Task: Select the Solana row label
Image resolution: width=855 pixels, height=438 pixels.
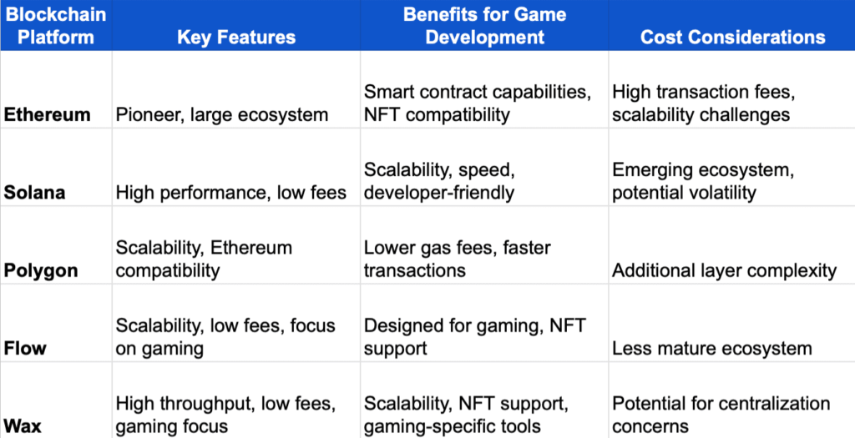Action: [35, 192]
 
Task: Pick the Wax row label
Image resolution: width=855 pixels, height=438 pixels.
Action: [23, 426]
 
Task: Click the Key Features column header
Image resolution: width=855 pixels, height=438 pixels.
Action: [236, 37]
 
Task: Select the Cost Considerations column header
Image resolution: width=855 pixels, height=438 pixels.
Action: [732, 37]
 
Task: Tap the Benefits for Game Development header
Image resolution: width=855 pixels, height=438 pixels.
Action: [484, 26]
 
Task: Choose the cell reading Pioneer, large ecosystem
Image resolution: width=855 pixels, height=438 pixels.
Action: [222, 114]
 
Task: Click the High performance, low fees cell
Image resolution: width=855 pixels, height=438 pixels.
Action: [230, 192]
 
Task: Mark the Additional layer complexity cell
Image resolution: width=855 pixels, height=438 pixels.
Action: [724, 270]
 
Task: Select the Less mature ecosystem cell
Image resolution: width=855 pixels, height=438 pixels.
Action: [711, 348]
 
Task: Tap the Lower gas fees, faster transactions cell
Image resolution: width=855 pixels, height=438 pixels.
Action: [457, 259]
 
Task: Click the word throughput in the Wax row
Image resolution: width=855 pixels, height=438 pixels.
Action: [205, 404]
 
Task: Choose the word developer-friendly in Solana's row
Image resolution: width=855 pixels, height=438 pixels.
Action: [438, 193]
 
